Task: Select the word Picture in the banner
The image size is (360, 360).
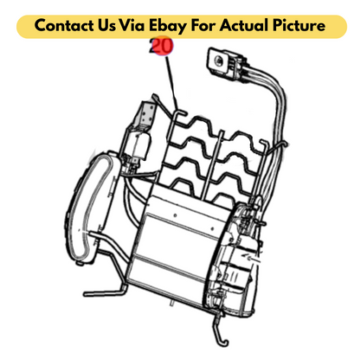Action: point(299,25)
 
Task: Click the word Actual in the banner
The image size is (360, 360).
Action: point(244,25)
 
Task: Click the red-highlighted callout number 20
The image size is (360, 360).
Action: point(161,46)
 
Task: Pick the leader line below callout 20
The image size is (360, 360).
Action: point(172,83)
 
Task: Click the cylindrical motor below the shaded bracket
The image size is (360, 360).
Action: point(139,146)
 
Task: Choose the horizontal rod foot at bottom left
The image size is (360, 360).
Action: point(105,293)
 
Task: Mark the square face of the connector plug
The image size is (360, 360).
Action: point(219,60)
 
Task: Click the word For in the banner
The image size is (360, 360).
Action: point(203,25)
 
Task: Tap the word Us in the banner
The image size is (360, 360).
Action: point(105,25)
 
